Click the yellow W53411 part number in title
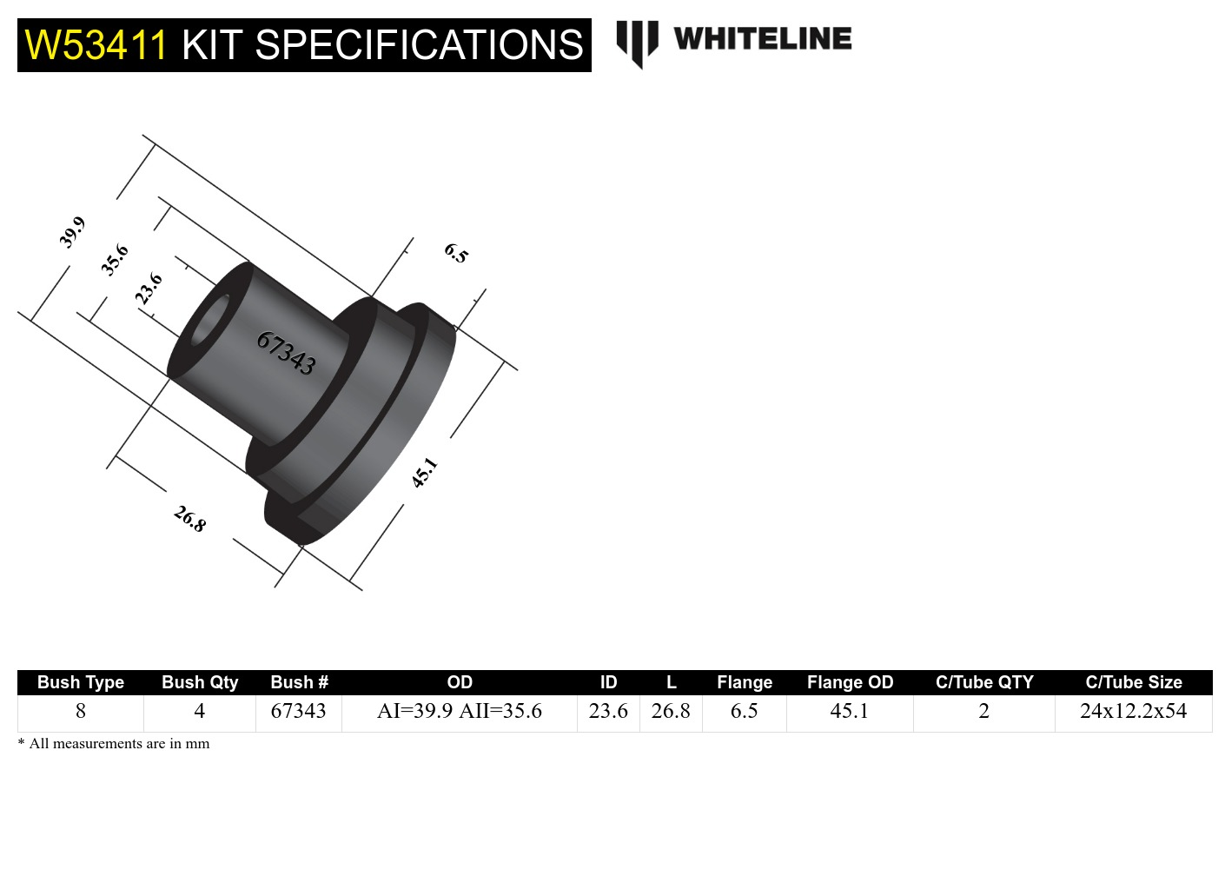point(96,45)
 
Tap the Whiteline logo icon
point(637,43)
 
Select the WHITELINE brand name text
point(762,39)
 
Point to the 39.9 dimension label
point(72,233)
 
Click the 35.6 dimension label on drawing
point(115,260)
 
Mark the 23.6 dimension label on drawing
point(149,288)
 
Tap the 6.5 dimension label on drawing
point(456,253)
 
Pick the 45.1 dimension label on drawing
point(424,473)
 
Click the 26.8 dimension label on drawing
point(189,519)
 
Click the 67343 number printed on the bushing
point(286,353)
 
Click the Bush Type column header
point(81,682)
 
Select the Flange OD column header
point(850,682)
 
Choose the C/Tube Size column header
point(1133,682)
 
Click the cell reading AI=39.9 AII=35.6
point(459,711)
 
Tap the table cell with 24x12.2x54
point(1133,711)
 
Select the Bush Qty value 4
point(199,711)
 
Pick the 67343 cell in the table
point(298,711)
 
